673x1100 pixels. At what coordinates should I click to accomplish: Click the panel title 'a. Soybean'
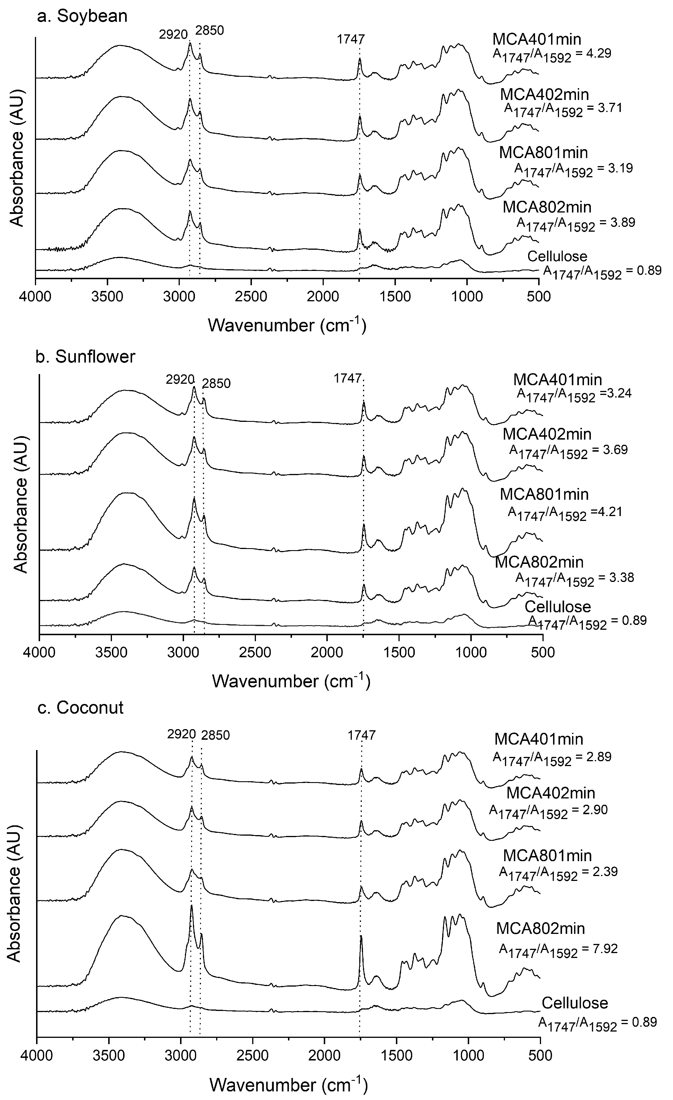82,16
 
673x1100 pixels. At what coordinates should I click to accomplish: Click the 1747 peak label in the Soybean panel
350,39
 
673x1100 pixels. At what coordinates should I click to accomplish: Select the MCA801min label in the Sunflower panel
544,494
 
